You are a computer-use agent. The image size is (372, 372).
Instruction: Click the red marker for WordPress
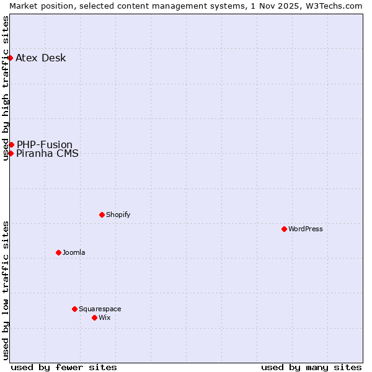284,229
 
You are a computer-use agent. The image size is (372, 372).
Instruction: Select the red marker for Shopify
102,215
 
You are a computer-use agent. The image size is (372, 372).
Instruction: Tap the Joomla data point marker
58,252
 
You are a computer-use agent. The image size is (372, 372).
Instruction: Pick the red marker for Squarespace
74,309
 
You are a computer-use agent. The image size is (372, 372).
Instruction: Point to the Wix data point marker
94,317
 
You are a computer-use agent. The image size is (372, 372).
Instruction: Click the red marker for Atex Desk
10,58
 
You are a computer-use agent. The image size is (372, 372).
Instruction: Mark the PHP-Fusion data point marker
11,144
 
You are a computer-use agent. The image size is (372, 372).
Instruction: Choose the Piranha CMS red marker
11,153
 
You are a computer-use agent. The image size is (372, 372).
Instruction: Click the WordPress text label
306,229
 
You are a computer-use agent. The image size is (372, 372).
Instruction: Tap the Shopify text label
118,215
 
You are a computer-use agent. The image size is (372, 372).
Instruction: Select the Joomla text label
74,252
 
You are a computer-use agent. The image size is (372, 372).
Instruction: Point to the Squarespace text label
100,309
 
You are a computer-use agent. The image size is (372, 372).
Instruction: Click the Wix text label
105,317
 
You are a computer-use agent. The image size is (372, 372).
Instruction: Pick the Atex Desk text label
41,58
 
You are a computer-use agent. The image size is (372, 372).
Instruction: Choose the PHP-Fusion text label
45,144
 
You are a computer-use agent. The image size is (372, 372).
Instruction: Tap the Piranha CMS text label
48,154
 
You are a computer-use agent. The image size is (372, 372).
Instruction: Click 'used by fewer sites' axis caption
64,367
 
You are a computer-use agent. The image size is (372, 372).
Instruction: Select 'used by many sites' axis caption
311,367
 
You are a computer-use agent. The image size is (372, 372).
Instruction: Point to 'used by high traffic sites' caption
6,88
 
